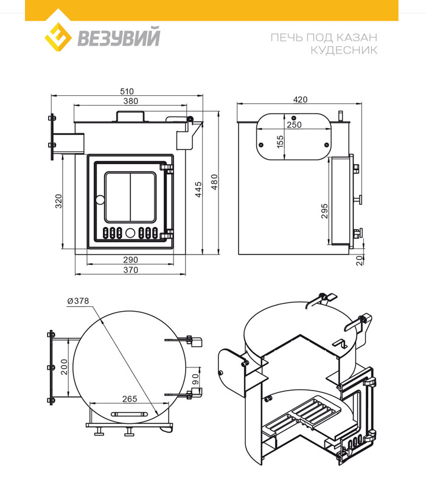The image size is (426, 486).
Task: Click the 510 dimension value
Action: pos(128,91)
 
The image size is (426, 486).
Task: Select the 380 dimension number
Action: pos(130,101)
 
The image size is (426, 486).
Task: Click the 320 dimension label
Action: pos(59,201)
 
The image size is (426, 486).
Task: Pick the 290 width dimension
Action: pos(130,259)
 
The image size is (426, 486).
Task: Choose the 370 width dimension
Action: pos(130,270)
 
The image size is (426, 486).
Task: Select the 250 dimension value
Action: pos(294,125)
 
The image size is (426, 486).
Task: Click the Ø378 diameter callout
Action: pos(79,300)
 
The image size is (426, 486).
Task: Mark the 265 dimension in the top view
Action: pos(128,399)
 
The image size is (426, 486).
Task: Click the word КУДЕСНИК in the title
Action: pos(344,50)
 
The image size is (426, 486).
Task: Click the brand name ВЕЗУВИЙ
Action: pos(119,38)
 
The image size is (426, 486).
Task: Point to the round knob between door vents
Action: pos(130,232)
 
